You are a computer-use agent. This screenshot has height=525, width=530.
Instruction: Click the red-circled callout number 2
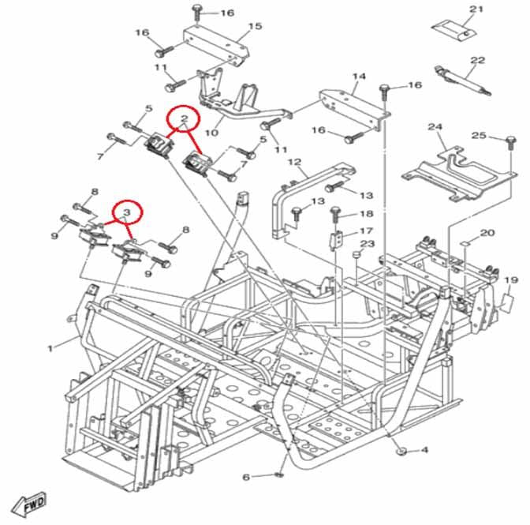tap(184, 120)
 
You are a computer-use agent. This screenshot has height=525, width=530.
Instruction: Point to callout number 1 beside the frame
tap(50, 347)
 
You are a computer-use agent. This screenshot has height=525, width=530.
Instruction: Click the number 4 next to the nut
tap(424, 450)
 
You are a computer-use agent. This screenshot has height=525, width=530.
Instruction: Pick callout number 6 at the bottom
tap(245, 478)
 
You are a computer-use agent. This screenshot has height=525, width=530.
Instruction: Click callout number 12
tap(295, 163)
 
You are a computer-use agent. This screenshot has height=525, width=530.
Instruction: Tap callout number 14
tap(359, 77)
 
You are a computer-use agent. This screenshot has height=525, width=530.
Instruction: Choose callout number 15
tap(254, 27)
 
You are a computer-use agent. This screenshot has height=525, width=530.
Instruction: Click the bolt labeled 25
tap(506, 142)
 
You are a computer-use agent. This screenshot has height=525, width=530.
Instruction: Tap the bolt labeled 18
tap(335, 213)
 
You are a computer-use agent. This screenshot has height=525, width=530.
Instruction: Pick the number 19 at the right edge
tap(510, 280)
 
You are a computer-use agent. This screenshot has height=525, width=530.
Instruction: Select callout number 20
tap(487, 233)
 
